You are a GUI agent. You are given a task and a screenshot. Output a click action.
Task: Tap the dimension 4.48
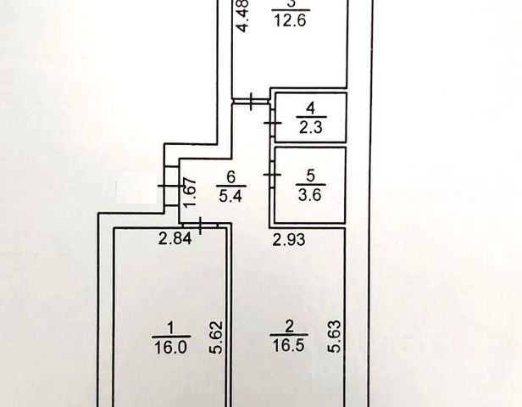tap(243, 16)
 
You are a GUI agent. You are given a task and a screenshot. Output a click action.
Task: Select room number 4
tap(310, 109)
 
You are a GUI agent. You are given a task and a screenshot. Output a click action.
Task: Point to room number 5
tap(310, 176)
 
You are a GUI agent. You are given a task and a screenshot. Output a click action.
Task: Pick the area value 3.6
tap(310, 194)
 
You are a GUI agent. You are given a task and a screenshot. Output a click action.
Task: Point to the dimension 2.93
tap(289, 240)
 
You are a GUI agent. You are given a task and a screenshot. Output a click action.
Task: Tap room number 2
tap(290, 326)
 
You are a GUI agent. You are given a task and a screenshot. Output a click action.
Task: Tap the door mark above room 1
tap(200, 225)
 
